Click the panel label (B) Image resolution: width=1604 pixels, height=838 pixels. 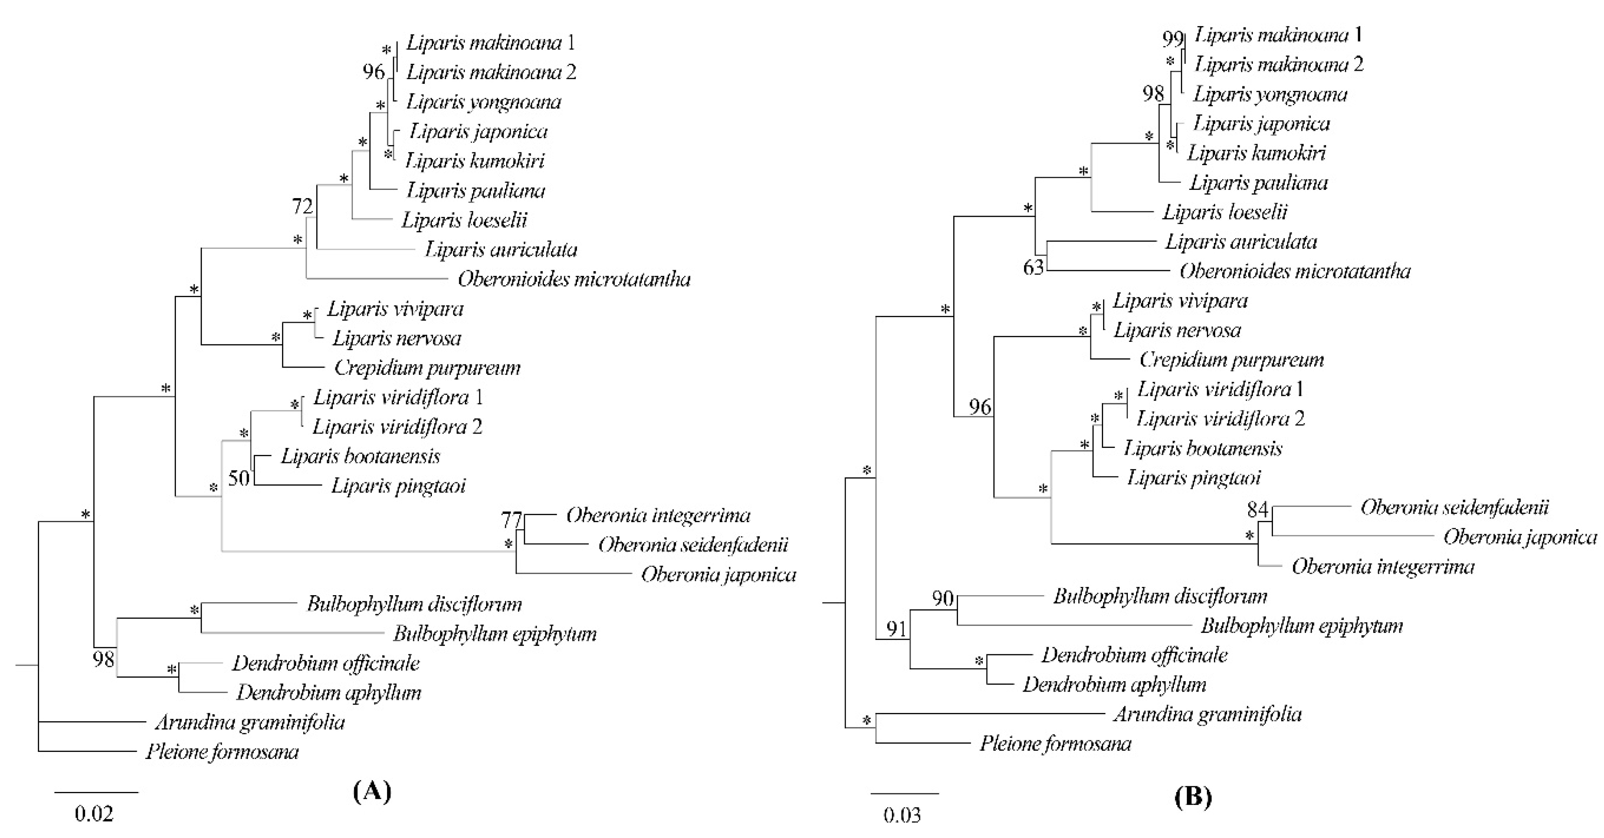tap(1193, 797)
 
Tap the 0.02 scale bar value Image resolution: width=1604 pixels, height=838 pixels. tap(94, 814)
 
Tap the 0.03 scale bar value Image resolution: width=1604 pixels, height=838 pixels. tap(901, 815)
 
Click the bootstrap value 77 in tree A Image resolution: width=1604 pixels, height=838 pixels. tap(511, 519)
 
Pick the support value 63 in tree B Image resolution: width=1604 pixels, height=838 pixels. tap(1033, 268)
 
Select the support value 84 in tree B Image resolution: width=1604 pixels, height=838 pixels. tap(1257, 509)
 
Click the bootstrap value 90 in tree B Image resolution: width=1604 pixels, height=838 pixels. tap(943, 598)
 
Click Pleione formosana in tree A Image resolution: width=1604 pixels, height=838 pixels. tap(222, 752)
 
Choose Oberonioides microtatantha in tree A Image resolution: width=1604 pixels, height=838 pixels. tap(574, 279)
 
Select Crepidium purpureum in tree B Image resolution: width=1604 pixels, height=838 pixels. tap(1231, 360)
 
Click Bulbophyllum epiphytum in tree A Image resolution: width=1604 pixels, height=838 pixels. tap(494, 634)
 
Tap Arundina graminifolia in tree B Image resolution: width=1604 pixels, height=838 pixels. tap(1207, 714)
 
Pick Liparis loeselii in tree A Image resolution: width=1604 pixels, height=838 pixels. tap(464, 220)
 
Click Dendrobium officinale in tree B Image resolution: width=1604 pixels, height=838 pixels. tap(1134, 655)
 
